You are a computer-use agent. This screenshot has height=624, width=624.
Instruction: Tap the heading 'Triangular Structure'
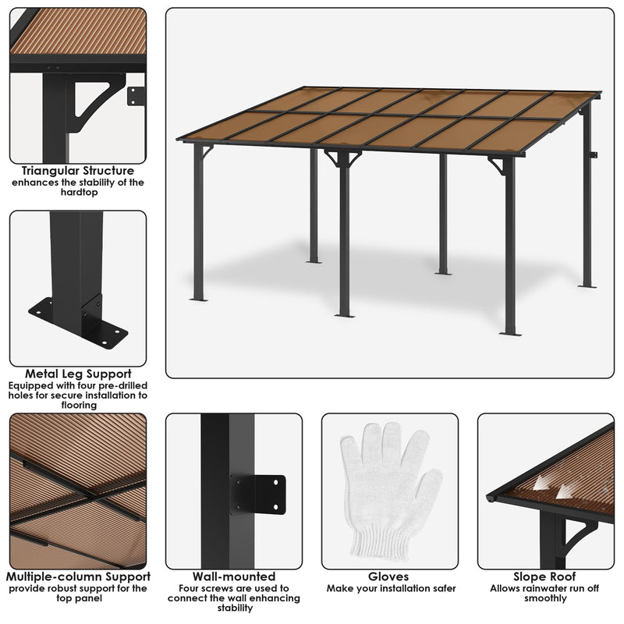coord(78,171)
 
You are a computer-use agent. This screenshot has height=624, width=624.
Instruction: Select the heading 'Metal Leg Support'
coord(78,374)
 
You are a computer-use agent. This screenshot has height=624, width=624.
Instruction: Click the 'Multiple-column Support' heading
coord(78,577)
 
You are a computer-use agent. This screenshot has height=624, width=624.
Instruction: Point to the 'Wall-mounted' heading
coord(234,577)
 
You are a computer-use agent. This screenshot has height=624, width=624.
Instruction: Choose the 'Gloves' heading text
coord(390,577)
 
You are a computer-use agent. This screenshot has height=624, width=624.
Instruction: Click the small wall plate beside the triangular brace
coord(136,96)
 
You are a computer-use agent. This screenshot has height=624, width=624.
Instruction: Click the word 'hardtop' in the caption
coord(78,193)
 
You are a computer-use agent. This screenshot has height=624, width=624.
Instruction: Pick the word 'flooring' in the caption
coord(78,406)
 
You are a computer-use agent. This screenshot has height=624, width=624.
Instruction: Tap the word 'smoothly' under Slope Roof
coord(546,599)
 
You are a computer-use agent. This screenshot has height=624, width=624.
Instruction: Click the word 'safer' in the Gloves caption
coord(441,589)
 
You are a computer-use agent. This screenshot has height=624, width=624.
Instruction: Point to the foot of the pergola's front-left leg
coord(198,298)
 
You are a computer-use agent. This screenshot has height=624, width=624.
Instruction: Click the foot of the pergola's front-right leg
coord(510,333)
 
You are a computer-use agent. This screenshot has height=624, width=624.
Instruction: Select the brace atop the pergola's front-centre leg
coord(343,158)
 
